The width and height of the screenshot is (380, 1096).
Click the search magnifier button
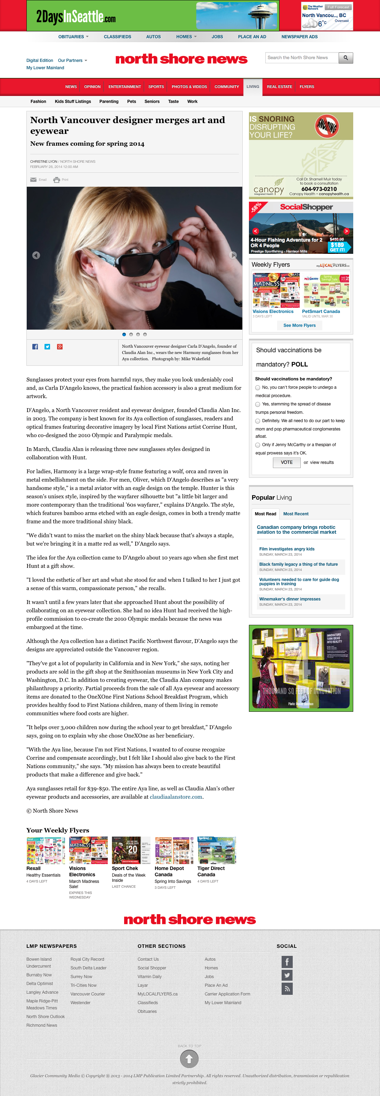[x=346, y=58]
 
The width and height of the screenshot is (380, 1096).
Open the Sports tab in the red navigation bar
[x=156, y=87]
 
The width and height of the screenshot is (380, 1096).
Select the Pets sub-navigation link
[x=131, y=102]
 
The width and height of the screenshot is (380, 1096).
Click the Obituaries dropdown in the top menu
[x=73, y=37]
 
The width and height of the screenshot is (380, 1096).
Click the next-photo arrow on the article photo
[x=233, y=255]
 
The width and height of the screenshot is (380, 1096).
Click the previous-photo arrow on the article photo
[x=36, y=255]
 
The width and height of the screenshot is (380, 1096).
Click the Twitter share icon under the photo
[x=47, y=347]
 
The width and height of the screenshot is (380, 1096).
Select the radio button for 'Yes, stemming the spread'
[x=257, y=404]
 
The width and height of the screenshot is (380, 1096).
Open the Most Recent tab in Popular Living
[x=296, y=514]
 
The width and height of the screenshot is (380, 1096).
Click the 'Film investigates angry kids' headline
[x=287, y=549]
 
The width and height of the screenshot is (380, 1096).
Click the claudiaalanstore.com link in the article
[x=176, y=797]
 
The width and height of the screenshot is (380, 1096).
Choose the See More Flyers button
[x=300, y=325]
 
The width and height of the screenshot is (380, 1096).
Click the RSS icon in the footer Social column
[x=287, y=988]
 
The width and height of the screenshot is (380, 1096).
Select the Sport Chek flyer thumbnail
[x=131, y=851]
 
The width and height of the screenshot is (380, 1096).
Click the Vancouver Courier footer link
[x=88, y=994]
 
